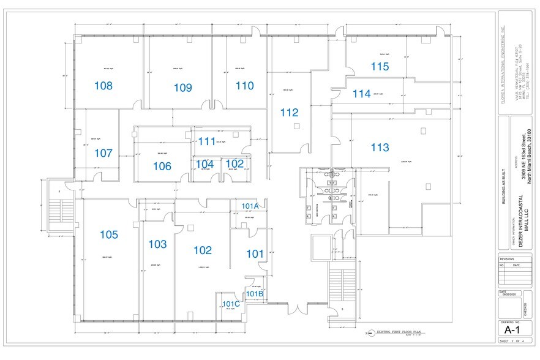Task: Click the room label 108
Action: (x=103, y=86)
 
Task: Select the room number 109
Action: (x=182, y=88)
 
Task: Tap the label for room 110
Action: (x=244, y=86)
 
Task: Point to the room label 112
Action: (x=289, y=113)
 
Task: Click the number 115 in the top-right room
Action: (x=379, y=66)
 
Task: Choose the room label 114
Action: (x=362, y=94)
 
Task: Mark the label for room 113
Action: (x=380, y=147)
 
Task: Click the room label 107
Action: (x=103, y=153)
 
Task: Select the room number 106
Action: (x=162, y=166)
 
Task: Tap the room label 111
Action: (x=206, y=141)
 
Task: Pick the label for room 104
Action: (x=204, y=163)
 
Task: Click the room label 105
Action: (x=108, y=234)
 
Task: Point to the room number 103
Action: (x=157, y=244)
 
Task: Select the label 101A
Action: (x=251, y=206)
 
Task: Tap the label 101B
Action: (x=255, y=294)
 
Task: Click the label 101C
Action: (x=231, y=304)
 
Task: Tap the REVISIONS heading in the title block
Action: (x=508, y=259)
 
